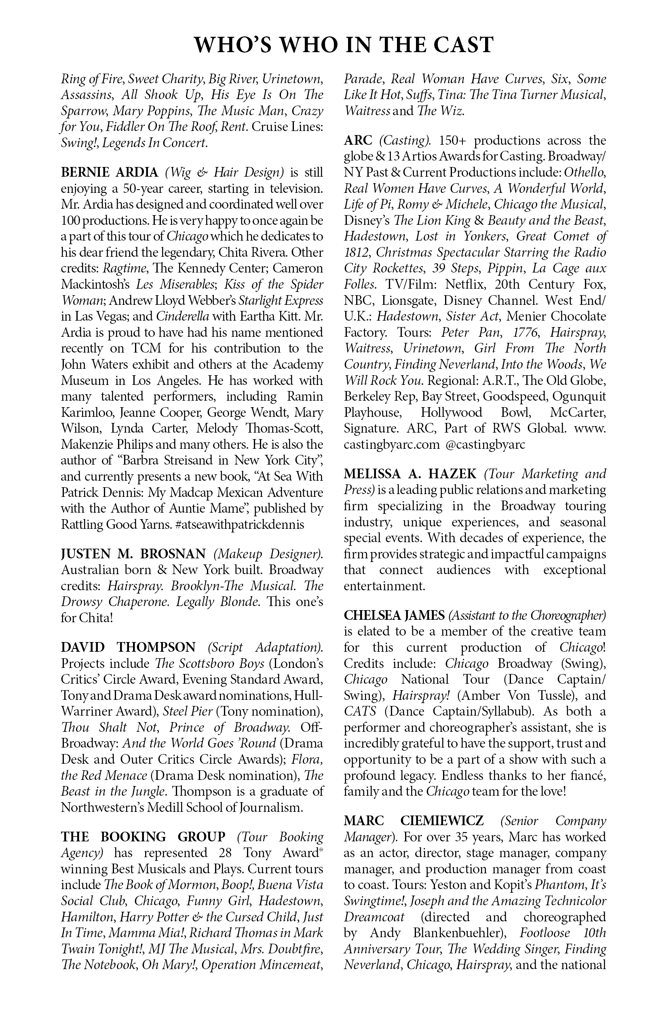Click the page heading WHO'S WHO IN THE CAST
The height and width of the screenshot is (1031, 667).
tap(344, 45)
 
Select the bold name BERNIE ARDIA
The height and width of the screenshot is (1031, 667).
tap(110, 172)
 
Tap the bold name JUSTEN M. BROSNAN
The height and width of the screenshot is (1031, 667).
tap(133, 554)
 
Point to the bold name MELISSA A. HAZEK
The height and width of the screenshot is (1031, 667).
tap(410, 474)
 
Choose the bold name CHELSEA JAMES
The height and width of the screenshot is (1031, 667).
tap(394, 615)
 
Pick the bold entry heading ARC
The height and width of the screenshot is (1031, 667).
tap(358, 140)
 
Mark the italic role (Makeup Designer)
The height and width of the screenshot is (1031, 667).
tap(268, 554)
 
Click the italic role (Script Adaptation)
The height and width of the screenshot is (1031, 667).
tap(266, 648)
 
